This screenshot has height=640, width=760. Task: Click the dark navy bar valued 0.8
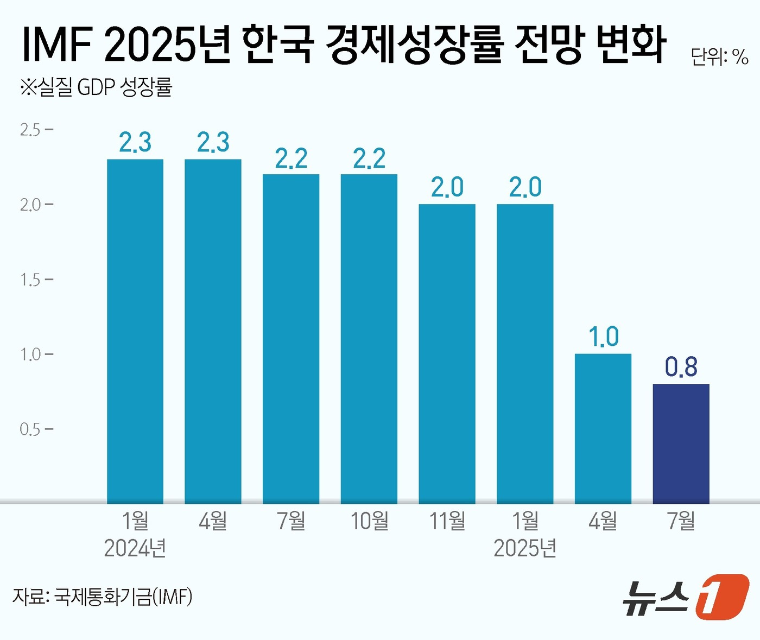pos(681,443)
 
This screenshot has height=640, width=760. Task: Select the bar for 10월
pos(369,339)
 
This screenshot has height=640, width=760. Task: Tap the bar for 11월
pos(447,353)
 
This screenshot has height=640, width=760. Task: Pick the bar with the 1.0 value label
pos(603,428)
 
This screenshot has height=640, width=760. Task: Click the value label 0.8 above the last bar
pos(681,367)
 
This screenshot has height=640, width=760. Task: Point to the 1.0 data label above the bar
pos(603,337)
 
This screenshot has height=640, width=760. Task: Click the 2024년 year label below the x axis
pos(135,548)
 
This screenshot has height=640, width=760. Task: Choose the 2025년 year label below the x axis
pos(525,548)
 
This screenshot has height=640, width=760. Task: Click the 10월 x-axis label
pos(369,521)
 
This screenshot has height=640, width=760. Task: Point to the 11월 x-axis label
pos(447,521)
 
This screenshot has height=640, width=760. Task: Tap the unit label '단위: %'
pos(719,56)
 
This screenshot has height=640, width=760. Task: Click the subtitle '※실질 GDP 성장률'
pos(96,87)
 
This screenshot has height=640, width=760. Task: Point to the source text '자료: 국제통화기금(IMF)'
pos(102,597)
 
